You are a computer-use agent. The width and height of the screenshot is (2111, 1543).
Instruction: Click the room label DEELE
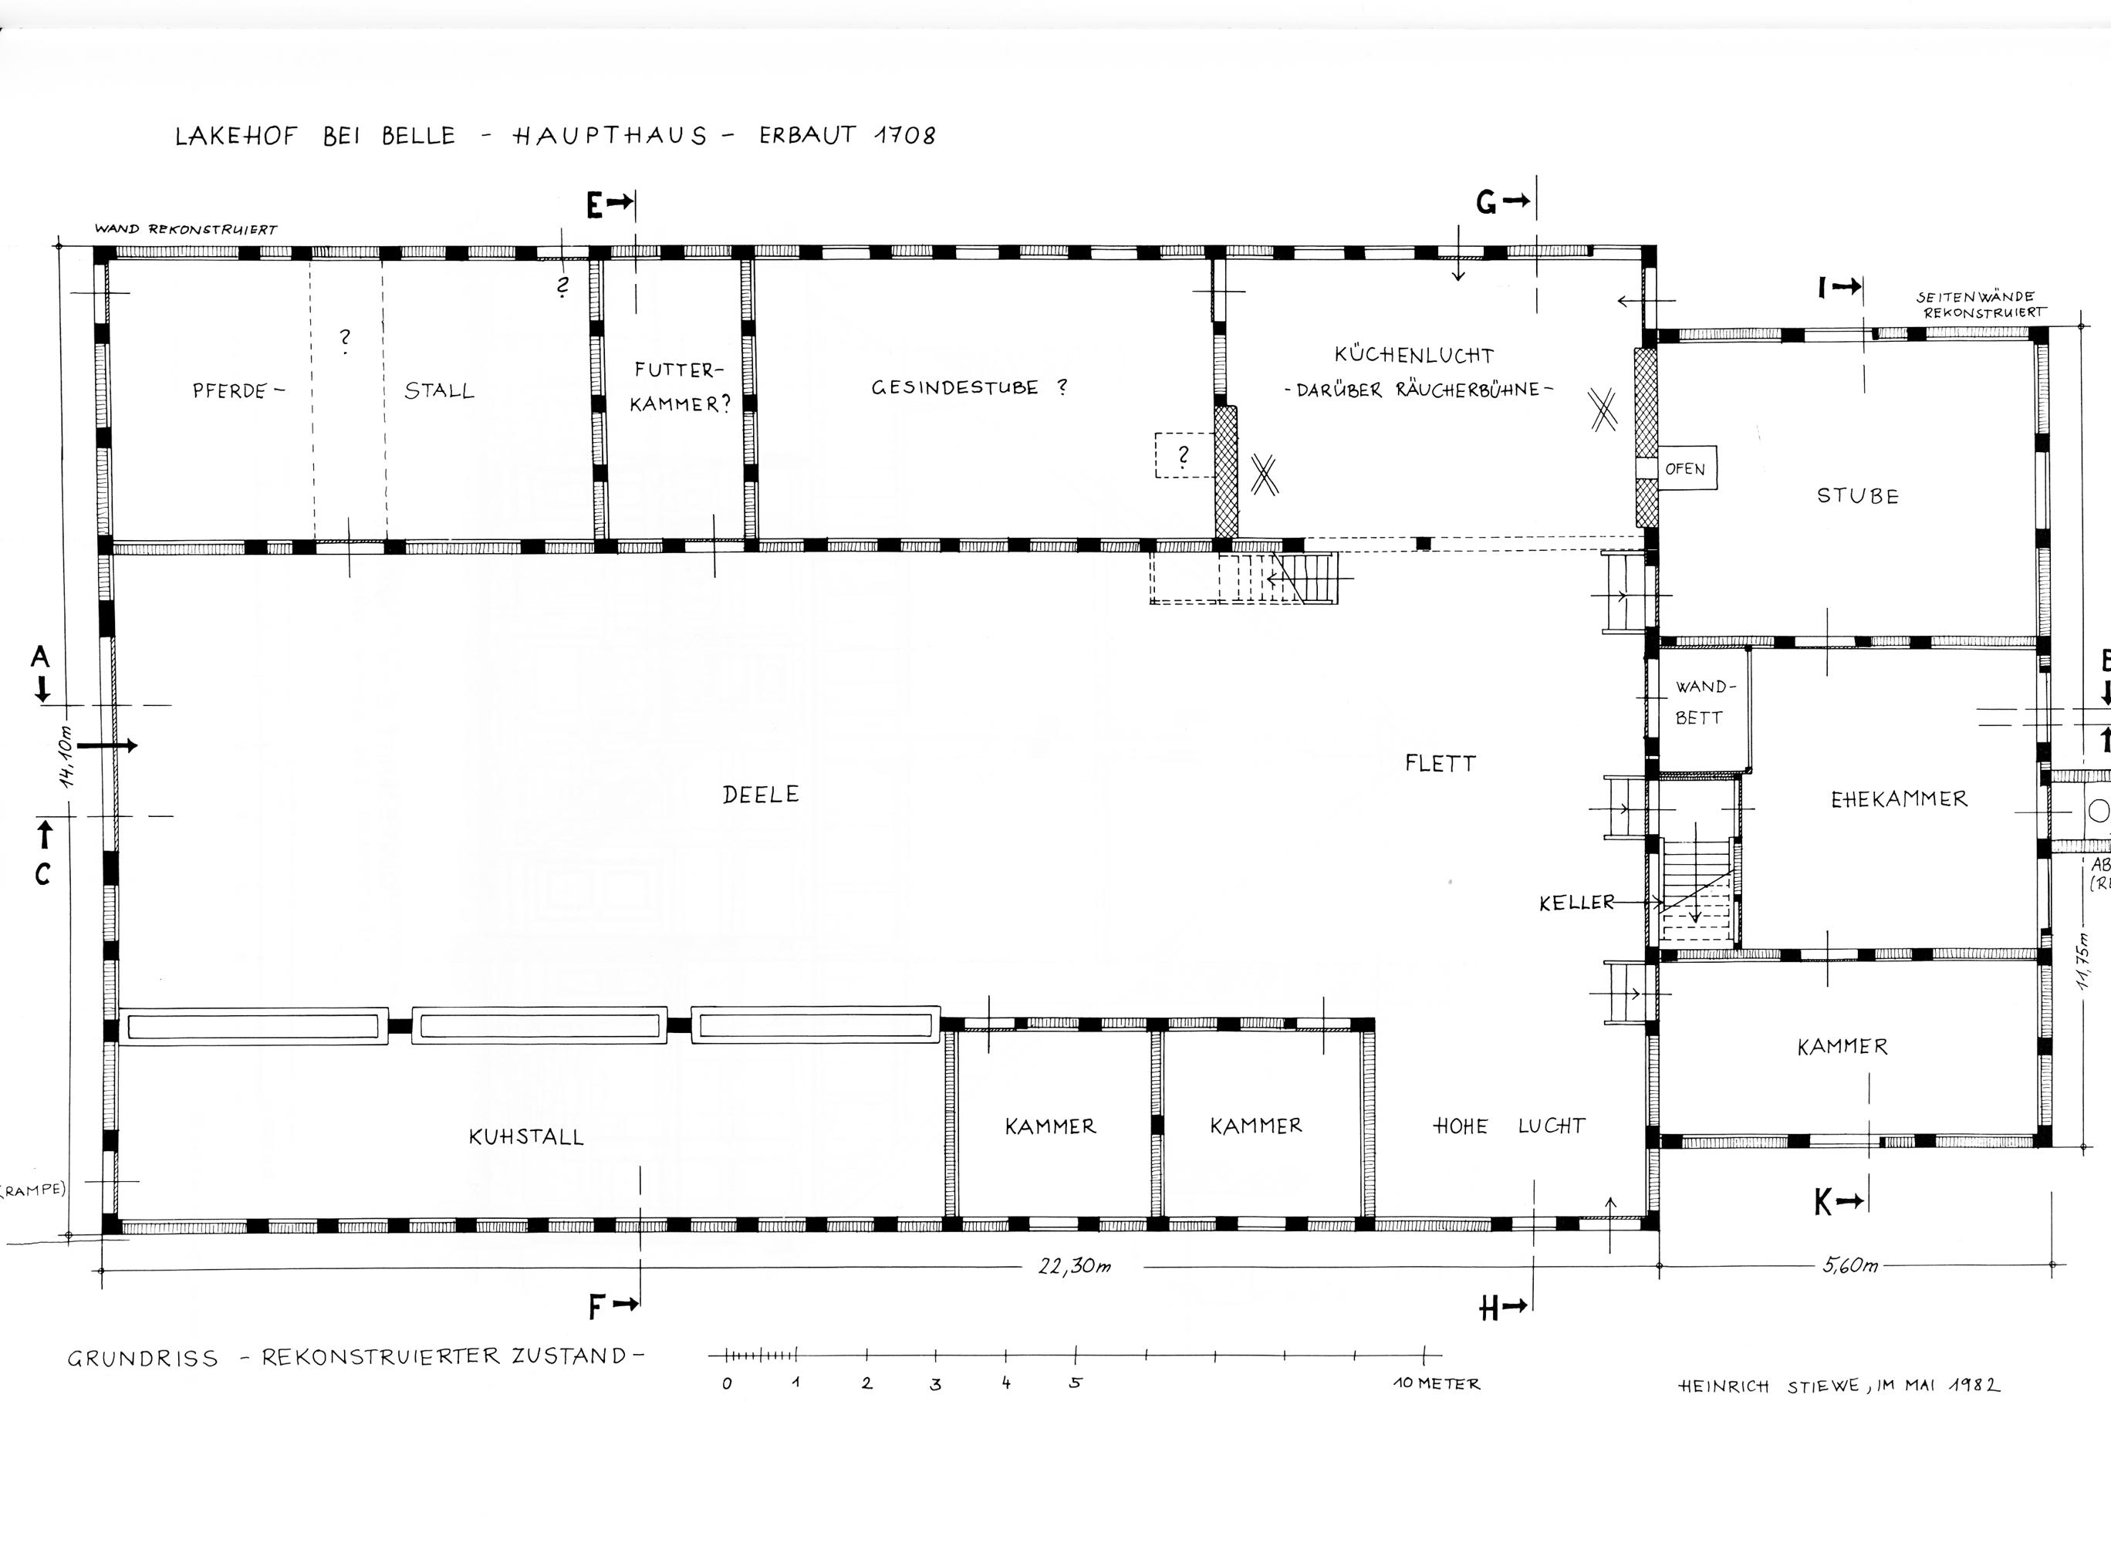[760, 795]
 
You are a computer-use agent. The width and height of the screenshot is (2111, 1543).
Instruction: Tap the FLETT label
[1441, 764]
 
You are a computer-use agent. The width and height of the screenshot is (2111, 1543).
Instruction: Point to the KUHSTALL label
[526, 1136]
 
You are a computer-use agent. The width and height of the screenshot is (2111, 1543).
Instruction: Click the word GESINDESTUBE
[954, 387]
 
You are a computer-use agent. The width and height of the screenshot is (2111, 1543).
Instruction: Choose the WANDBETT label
[1700, 702]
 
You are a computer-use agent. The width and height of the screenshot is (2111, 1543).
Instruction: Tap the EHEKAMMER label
[1899, 799]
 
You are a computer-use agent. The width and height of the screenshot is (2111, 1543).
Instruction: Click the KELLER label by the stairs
[1577, 902]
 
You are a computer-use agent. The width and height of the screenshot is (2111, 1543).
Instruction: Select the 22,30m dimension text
[1074, 1267]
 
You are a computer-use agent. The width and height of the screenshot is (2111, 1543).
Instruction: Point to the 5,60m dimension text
[1850, 1265]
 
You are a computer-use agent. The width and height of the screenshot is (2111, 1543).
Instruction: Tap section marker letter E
[595, 204]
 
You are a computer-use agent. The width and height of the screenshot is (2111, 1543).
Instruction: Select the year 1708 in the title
[904, 136]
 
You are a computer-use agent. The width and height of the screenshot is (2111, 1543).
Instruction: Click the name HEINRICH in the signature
[1724, 1387]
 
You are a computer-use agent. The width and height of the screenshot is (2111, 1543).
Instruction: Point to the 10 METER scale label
[1437, 1383]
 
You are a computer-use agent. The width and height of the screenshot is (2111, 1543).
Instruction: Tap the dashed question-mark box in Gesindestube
[1184, 456]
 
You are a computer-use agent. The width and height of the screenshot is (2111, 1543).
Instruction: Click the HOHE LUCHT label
[1509, 1126]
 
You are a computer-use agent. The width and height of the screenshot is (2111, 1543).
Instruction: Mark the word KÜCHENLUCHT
[1414, 354]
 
